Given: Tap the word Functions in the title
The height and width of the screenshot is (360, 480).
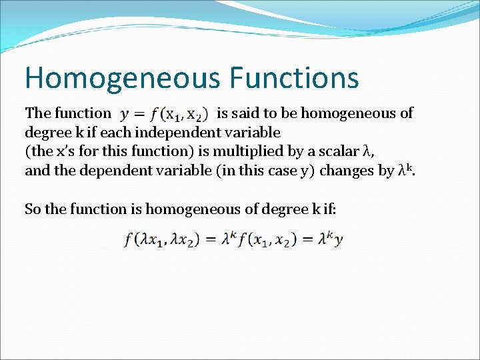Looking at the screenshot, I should (294, 77).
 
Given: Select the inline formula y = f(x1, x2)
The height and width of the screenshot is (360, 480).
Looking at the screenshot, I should (163, 114).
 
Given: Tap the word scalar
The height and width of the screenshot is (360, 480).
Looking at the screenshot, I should (336, 151).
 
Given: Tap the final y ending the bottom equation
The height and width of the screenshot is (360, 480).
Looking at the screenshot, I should (339, 240).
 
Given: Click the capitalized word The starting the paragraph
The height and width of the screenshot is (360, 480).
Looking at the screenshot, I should (37, 113).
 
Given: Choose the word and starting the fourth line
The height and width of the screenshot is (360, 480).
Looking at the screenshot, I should (37, 171).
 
